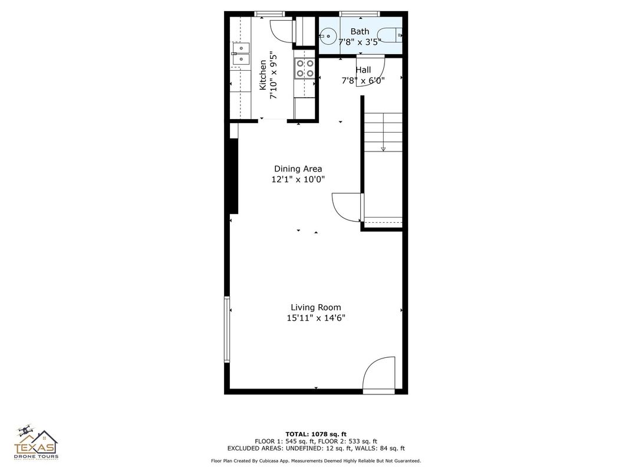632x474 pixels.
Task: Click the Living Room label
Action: (315, 307)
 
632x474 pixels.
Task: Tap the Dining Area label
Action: (298, 169)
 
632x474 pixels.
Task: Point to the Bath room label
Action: (360, 31)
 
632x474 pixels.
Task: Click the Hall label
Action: (363, 70)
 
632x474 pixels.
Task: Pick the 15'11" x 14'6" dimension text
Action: (315, 318)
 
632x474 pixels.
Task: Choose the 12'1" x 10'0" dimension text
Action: (298, 179)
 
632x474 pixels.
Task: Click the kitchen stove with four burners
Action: (304, 68)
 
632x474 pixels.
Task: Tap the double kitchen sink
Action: (240, 54)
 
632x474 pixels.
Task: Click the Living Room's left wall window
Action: (226, 328)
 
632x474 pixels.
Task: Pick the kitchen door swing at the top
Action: (282, 31)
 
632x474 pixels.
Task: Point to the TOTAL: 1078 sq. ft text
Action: (315, 433)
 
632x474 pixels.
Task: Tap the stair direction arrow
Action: (383, 149)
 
